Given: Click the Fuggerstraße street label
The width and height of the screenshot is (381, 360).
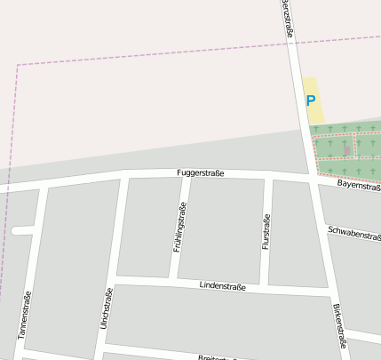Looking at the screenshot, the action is tap(200, 172).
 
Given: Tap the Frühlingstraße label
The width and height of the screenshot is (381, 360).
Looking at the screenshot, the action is tap(179, 228).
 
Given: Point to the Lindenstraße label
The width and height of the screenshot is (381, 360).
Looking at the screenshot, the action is tap(222, 286).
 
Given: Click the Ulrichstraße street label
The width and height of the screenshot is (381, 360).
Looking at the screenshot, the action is tap(107, 309).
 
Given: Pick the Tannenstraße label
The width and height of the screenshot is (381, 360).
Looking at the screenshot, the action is tap(25, 316).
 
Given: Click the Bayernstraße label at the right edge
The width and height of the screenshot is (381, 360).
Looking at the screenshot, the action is tap(359, 186).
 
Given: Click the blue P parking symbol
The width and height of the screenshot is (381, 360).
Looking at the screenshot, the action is tap(310, 101).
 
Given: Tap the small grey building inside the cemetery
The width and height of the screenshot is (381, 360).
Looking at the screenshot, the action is tap(345, 150).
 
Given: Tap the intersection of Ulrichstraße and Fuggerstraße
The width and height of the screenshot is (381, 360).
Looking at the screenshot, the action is tap(123, 177).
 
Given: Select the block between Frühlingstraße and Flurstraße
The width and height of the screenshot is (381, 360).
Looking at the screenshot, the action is tap(222, 229).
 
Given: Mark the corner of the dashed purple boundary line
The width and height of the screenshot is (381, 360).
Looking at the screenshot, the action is tap(17, 65).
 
